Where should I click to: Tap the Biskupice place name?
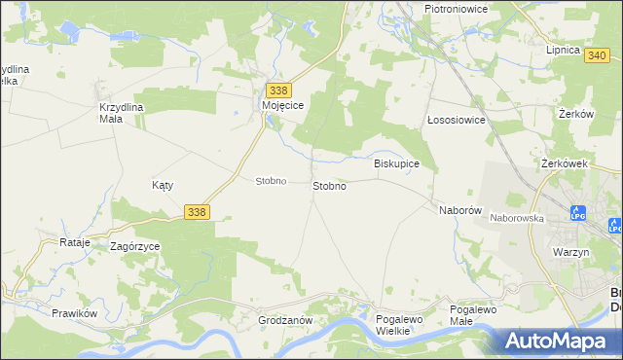pyautogui.click(x=396, y=164)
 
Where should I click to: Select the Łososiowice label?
pyautogui.click(x=457, y=120)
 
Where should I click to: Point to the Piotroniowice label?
pyautogui.click(x=456, y=8)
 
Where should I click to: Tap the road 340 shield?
pyautogui.click(x=599, y=56)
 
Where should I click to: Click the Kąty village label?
pyautogui.click(x=163, y=184)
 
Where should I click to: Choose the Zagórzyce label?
pyautogui.click(x=134, y=247)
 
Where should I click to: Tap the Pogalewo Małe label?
pyautogui.click(x=475, y=316)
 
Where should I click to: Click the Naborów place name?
pyautogui.click(x=461, y=210)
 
